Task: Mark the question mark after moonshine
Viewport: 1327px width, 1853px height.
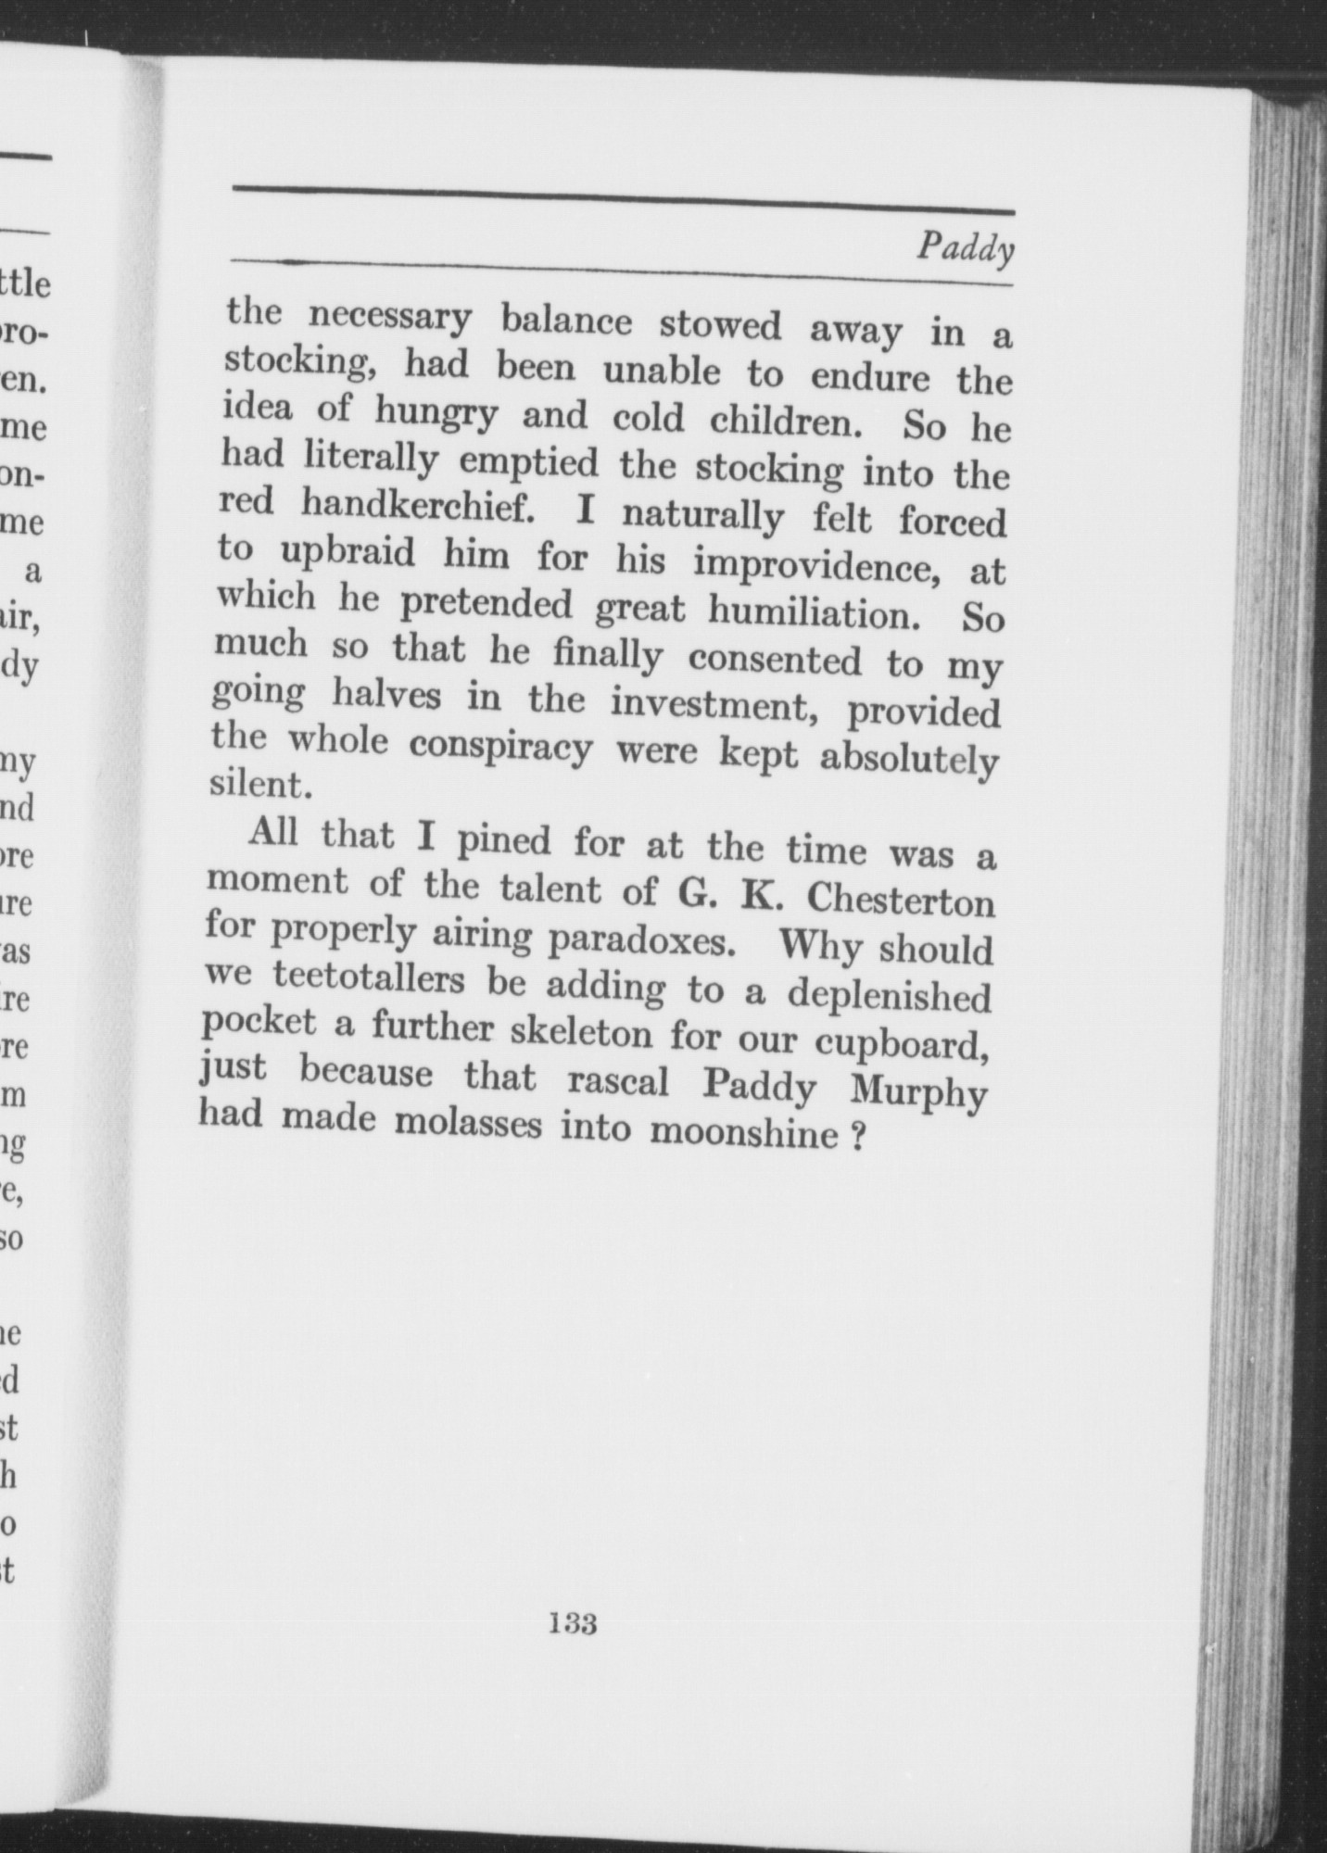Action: (858, 1136)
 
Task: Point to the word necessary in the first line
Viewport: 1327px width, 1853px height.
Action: (390, 317)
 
